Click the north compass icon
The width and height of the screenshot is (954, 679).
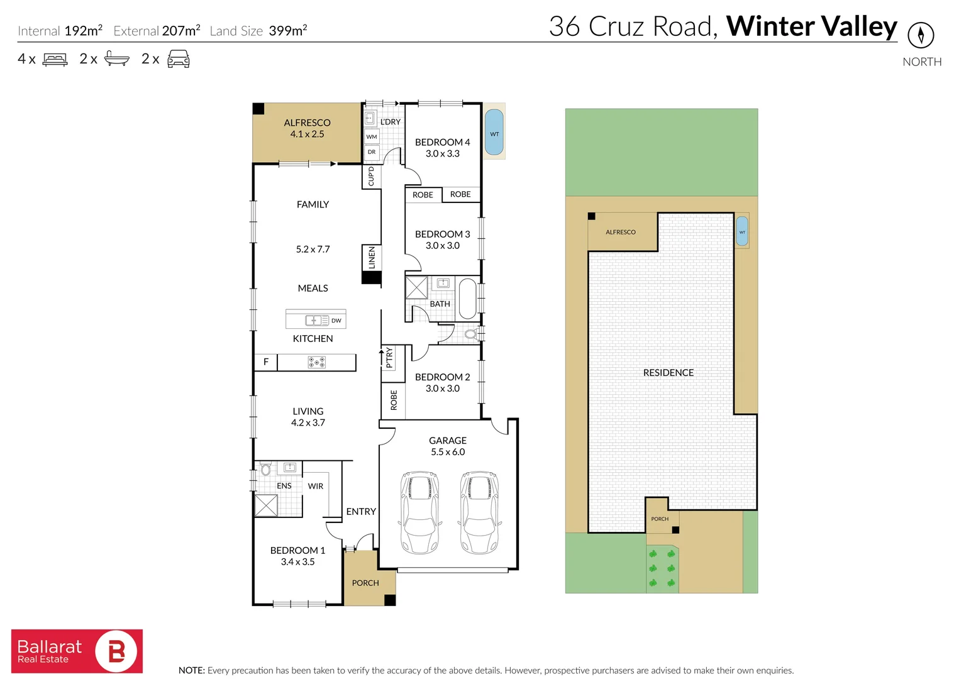(921, 35)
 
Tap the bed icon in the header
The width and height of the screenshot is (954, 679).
(55, 60)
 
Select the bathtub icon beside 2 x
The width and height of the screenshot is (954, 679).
(117, 58)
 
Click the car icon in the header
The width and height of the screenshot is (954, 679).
(178, 59)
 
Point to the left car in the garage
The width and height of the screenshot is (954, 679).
(419, 512)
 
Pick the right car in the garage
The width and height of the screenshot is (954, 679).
(479, 512)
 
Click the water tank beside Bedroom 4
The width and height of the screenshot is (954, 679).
(494, 133)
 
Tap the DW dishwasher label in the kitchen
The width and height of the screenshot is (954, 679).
(336, 321)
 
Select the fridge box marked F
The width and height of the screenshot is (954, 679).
(266, 362)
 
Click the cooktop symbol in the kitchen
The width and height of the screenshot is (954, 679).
(316, 362)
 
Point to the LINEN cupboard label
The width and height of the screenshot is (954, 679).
(372, 258)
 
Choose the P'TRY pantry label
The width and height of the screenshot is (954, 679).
(389, 357)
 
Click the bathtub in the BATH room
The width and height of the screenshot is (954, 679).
(467, 299)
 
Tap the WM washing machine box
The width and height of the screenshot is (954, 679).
(372, 136)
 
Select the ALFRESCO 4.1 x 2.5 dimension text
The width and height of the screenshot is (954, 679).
(307, 134)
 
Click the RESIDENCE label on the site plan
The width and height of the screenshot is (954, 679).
(668, 373)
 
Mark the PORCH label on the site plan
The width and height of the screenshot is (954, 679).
(660, 519)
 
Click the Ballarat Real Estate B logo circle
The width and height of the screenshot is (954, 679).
(116, 651)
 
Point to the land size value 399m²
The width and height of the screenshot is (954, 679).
(287, 31)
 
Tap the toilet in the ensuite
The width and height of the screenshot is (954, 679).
(265, 469)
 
